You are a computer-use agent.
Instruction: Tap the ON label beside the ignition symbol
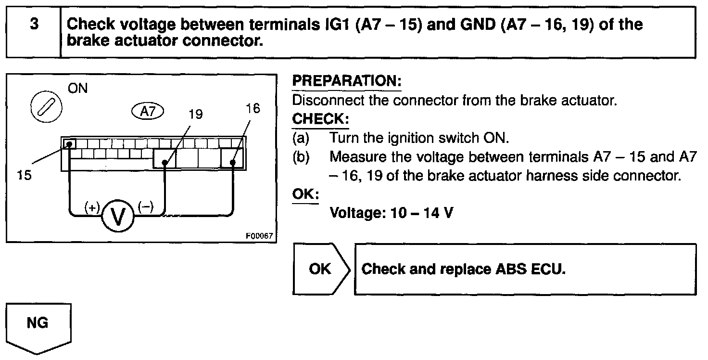[78, 89]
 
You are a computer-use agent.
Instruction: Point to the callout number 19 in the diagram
[196, 114]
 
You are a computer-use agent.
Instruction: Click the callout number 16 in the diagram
[253, 108]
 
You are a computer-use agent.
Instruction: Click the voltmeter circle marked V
[117, 217]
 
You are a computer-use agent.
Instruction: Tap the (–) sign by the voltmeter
[145, 207]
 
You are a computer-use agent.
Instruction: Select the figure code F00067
[259, 236]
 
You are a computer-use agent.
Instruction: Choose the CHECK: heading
[320, 118]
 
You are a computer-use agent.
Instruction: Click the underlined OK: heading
[305, 194]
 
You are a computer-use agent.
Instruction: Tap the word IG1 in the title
[338, 25]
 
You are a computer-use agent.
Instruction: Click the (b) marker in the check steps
[301, 157]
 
